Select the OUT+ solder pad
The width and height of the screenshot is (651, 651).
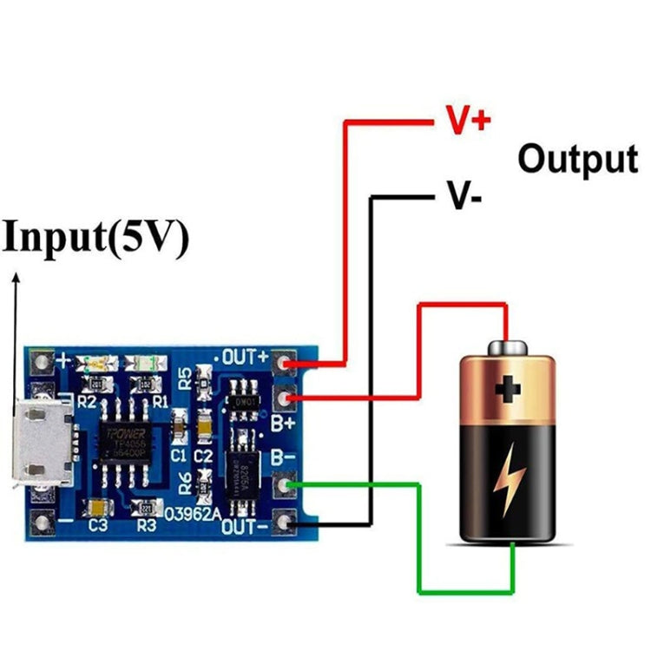point(283,360)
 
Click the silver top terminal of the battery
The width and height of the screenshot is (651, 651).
point(508,348)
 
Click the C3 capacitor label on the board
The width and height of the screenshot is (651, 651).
point(97,525)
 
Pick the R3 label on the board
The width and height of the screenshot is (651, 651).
point(147,525)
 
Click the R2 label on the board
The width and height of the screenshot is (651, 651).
point(87,402)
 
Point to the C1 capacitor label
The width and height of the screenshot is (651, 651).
point(178,454)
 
